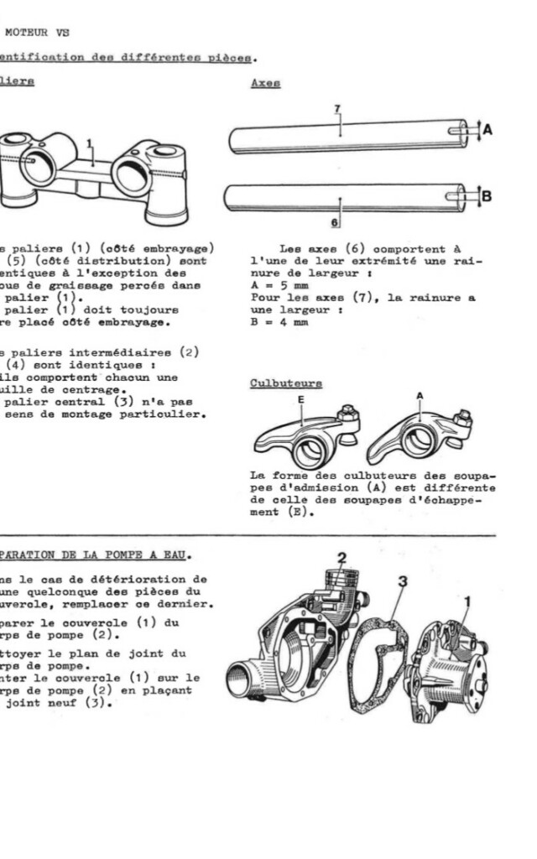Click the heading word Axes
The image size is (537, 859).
click(265, 85)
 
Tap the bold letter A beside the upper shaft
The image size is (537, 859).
click(487, 129)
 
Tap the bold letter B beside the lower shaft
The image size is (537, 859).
click(487, 196)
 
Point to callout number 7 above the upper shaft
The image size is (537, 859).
click(336, 109)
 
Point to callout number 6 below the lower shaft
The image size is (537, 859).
click(336, 223)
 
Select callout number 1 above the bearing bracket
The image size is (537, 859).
click(90, 143)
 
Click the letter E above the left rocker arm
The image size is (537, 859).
click(301, 400)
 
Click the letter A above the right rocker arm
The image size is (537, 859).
click(420, 395)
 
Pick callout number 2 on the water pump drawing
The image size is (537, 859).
click(342, 557)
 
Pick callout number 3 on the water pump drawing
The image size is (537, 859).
click(403, 580)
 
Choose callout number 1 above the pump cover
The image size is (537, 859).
click(467, 601)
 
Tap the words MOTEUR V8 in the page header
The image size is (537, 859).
click(37, 33)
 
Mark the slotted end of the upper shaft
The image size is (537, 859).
click(460, 130)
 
